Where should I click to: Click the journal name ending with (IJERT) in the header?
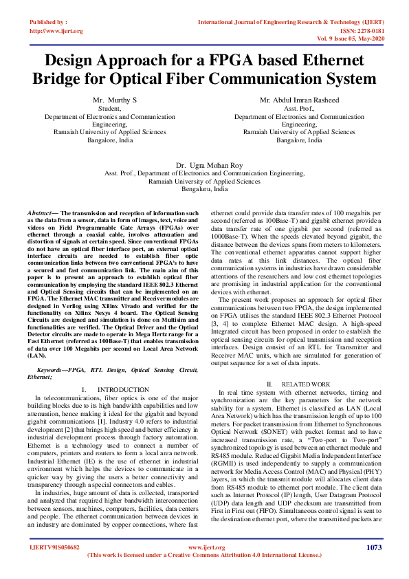288,23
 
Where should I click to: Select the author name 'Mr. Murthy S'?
115,100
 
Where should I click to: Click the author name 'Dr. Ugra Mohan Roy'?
204,166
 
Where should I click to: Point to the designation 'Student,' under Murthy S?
109,109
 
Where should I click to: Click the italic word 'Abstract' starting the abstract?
38,215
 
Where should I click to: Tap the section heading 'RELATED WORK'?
306,383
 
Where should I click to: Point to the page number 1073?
374,547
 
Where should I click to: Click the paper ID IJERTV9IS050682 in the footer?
54,548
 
